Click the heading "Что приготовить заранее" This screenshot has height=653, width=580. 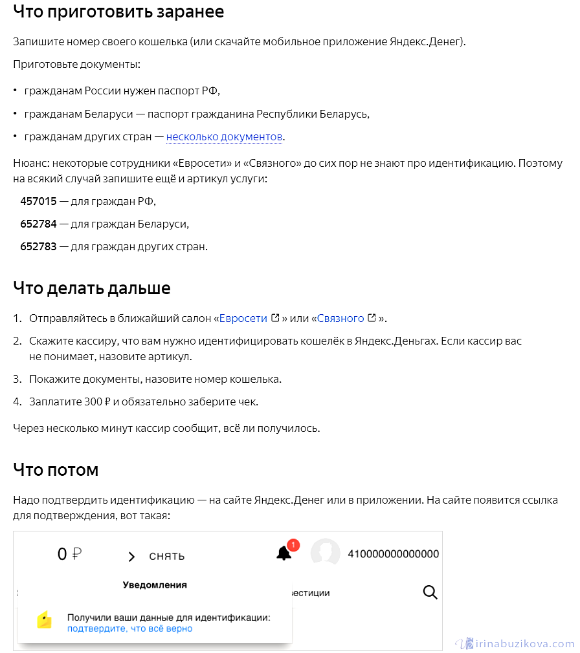[x=118, y=12]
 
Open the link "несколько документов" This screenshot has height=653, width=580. [x=225, y=137]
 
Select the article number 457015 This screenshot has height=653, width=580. [x=39, y=201]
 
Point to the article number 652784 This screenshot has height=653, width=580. [x=39, y=224]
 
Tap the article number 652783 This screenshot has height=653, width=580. [x=39, y=246]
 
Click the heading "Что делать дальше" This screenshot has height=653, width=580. [x=92, y=288]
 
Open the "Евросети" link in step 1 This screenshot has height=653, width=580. [x=243, y=318]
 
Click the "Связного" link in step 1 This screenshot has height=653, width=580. [x=340, y=318]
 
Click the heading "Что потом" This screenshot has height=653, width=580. [x=56, y=470]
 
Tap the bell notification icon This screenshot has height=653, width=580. [x=284, y=553]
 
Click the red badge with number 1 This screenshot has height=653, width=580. [x=293, y=545]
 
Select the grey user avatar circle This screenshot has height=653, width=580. [x=326, y=553]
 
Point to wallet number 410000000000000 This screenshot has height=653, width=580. [x=394, y=554]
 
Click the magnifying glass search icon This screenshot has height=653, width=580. [x=430, y=592]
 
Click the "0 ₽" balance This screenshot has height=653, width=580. [x=70, y=554]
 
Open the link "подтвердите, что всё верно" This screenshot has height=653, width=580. [x=129, y=628]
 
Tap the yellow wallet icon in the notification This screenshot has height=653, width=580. [x=44, y=620]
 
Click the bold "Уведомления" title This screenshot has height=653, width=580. [x=155, y=585]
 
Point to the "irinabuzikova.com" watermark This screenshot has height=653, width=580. [x=515, y=643]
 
